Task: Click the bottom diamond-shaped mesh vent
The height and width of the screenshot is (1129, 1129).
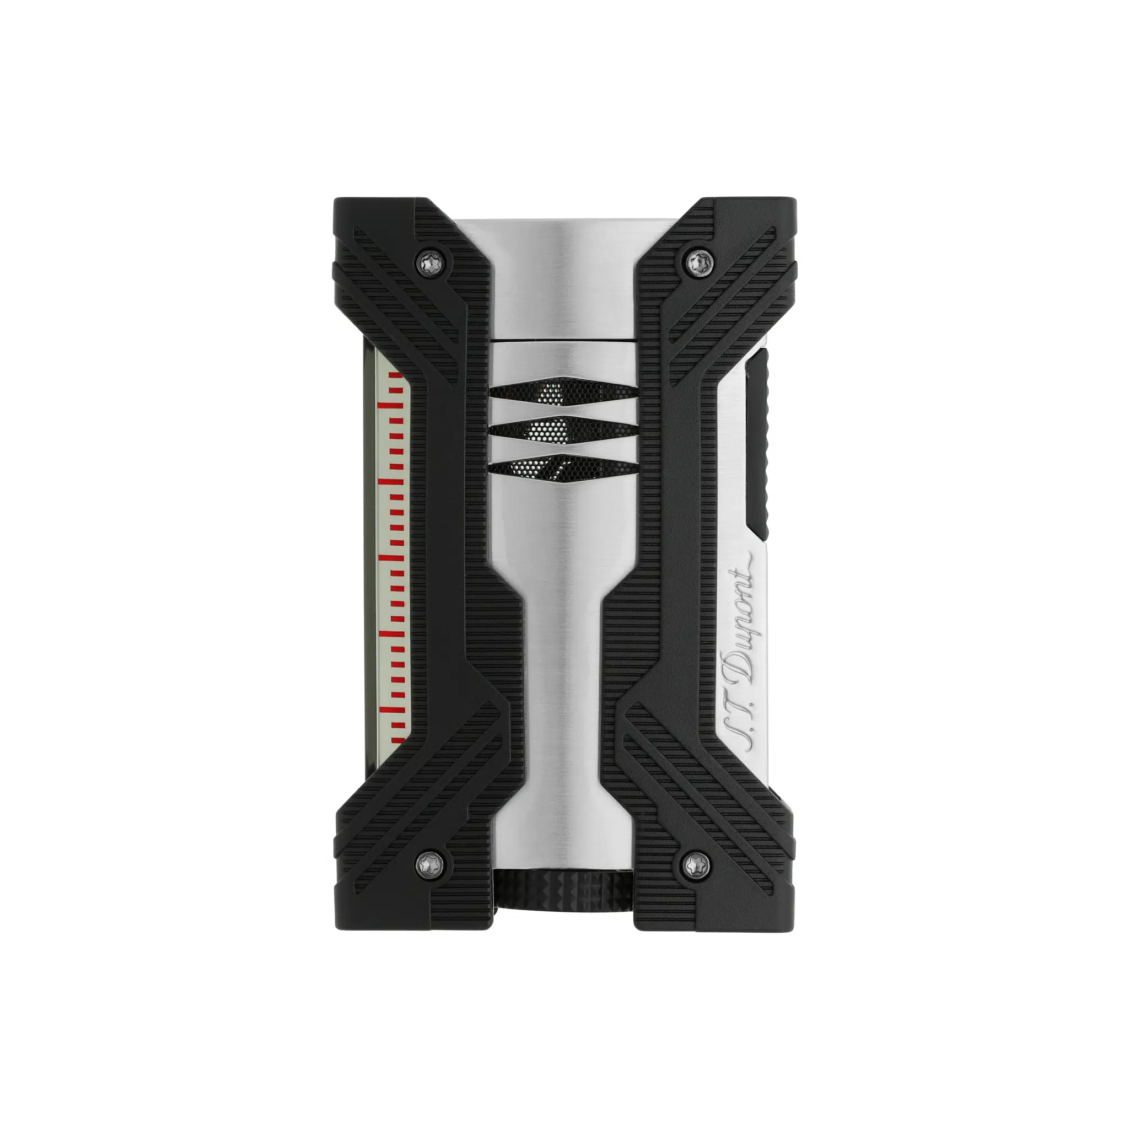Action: point(563,469)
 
